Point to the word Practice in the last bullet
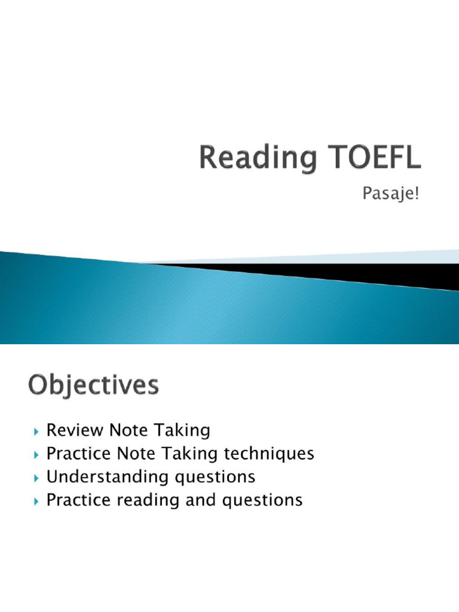(x=78, y=500)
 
